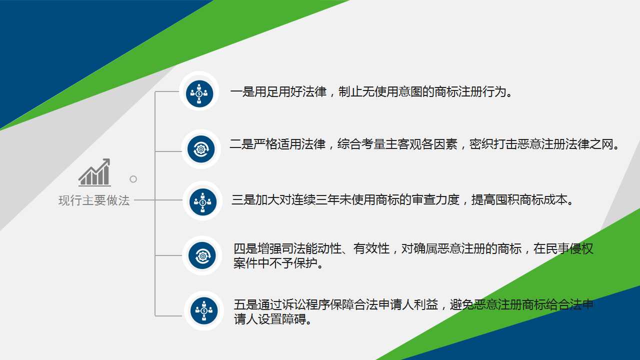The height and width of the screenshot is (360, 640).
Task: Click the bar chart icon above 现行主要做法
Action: point(94,172)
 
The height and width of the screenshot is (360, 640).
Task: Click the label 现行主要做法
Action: point(94,200)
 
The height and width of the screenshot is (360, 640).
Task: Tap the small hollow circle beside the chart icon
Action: point(133,179)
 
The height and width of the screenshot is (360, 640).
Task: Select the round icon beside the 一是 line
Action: point(199,93)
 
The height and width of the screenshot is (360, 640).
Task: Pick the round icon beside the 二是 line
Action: point(201,149)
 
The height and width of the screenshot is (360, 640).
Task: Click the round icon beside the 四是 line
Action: point(202,255)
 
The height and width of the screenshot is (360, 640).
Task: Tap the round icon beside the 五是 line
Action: point(204,310)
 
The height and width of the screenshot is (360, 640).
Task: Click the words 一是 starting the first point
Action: point(242,92)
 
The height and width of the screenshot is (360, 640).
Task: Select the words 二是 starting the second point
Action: point(241,145)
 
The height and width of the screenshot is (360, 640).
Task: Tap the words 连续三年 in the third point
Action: point(303,200)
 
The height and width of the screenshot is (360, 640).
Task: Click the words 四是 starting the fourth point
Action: point(245,248)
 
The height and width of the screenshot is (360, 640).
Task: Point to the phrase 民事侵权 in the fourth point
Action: point(569,248)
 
